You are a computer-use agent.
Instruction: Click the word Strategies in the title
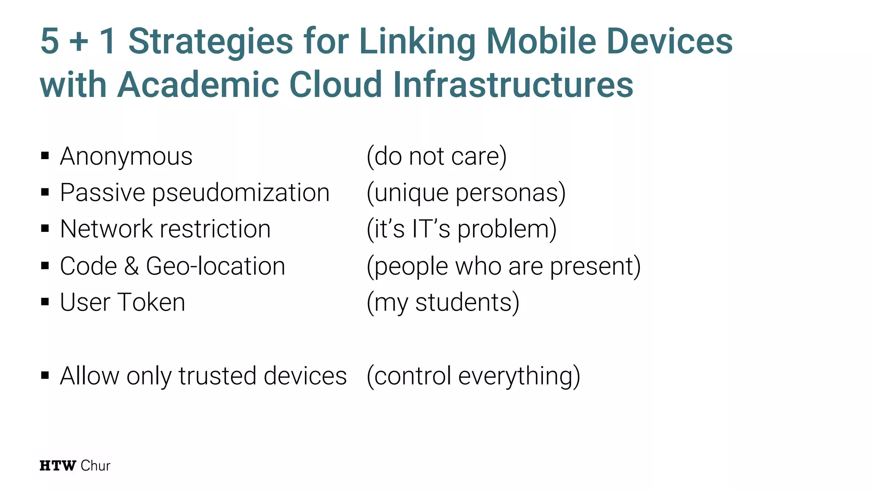point(211,42)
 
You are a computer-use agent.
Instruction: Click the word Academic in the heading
point(198,84)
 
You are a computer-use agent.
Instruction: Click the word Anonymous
point(126,156)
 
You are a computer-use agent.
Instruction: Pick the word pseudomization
point(241,193)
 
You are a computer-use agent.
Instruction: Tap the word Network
point(106,229)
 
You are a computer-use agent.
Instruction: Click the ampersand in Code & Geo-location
point(132,266)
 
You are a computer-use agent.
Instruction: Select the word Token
point(151,302)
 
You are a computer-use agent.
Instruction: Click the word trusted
point(217,376)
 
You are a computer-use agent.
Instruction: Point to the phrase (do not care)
point(436,156)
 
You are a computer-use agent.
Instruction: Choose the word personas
point(510,193)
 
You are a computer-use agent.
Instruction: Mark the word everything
point(518,376)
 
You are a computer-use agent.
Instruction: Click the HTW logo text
point(58,466)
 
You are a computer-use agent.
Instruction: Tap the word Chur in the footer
point(95,466)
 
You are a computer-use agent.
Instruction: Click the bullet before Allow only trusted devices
point(45,376)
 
